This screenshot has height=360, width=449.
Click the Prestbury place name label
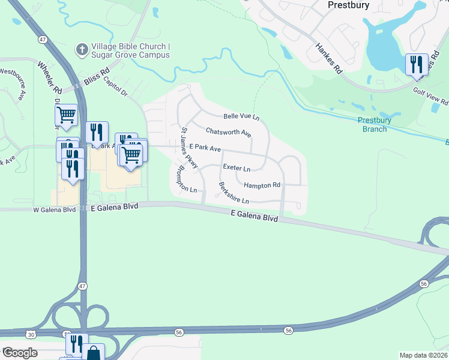[348, 4]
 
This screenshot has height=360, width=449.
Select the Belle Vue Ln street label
[241, 116]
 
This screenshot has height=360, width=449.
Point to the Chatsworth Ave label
[228, 131]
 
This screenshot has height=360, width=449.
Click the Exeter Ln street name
[236, 167]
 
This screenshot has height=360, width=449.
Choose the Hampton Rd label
[262, 185]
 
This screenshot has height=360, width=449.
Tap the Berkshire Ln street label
[234, 193]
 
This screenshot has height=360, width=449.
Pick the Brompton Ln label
[185, 179]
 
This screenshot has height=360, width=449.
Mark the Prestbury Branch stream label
[375, 124]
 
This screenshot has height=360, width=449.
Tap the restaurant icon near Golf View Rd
[417, 64]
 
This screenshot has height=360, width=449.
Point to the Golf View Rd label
[430, 95]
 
